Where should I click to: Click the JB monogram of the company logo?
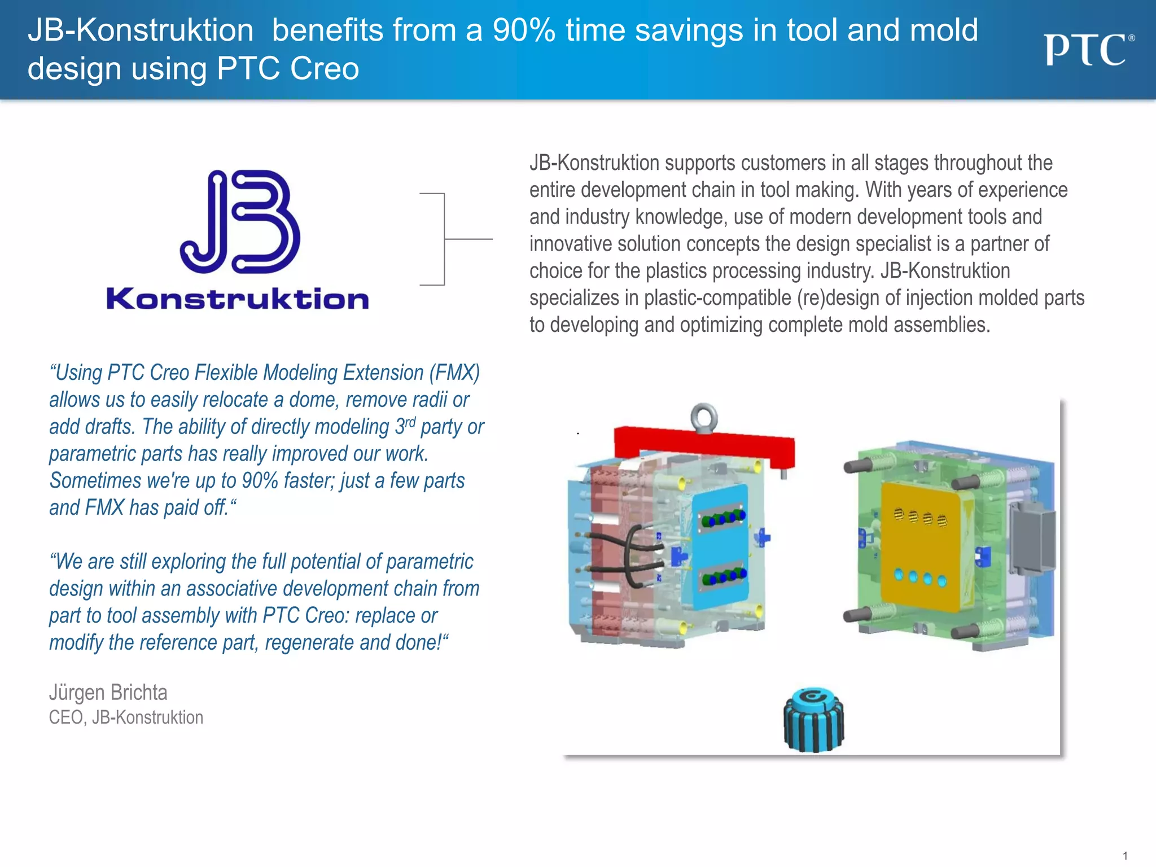[x=240, y=222]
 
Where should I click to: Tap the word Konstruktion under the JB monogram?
[x=238, y=299]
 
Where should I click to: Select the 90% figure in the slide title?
[x=524, y=30]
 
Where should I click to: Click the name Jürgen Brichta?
[x=108, y=693]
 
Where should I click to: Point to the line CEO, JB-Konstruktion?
[x=126, y=717]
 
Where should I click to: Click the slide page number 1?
[x=1125, y=856]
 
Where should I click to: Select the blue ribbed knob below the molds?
[x=813, y=720]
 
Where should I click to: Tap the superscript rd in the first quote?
[x=410, y=422]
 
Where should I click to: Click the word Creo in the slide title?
[x=324, y=69]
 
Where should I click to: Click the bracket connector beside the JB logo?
[x=445, y=239]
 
